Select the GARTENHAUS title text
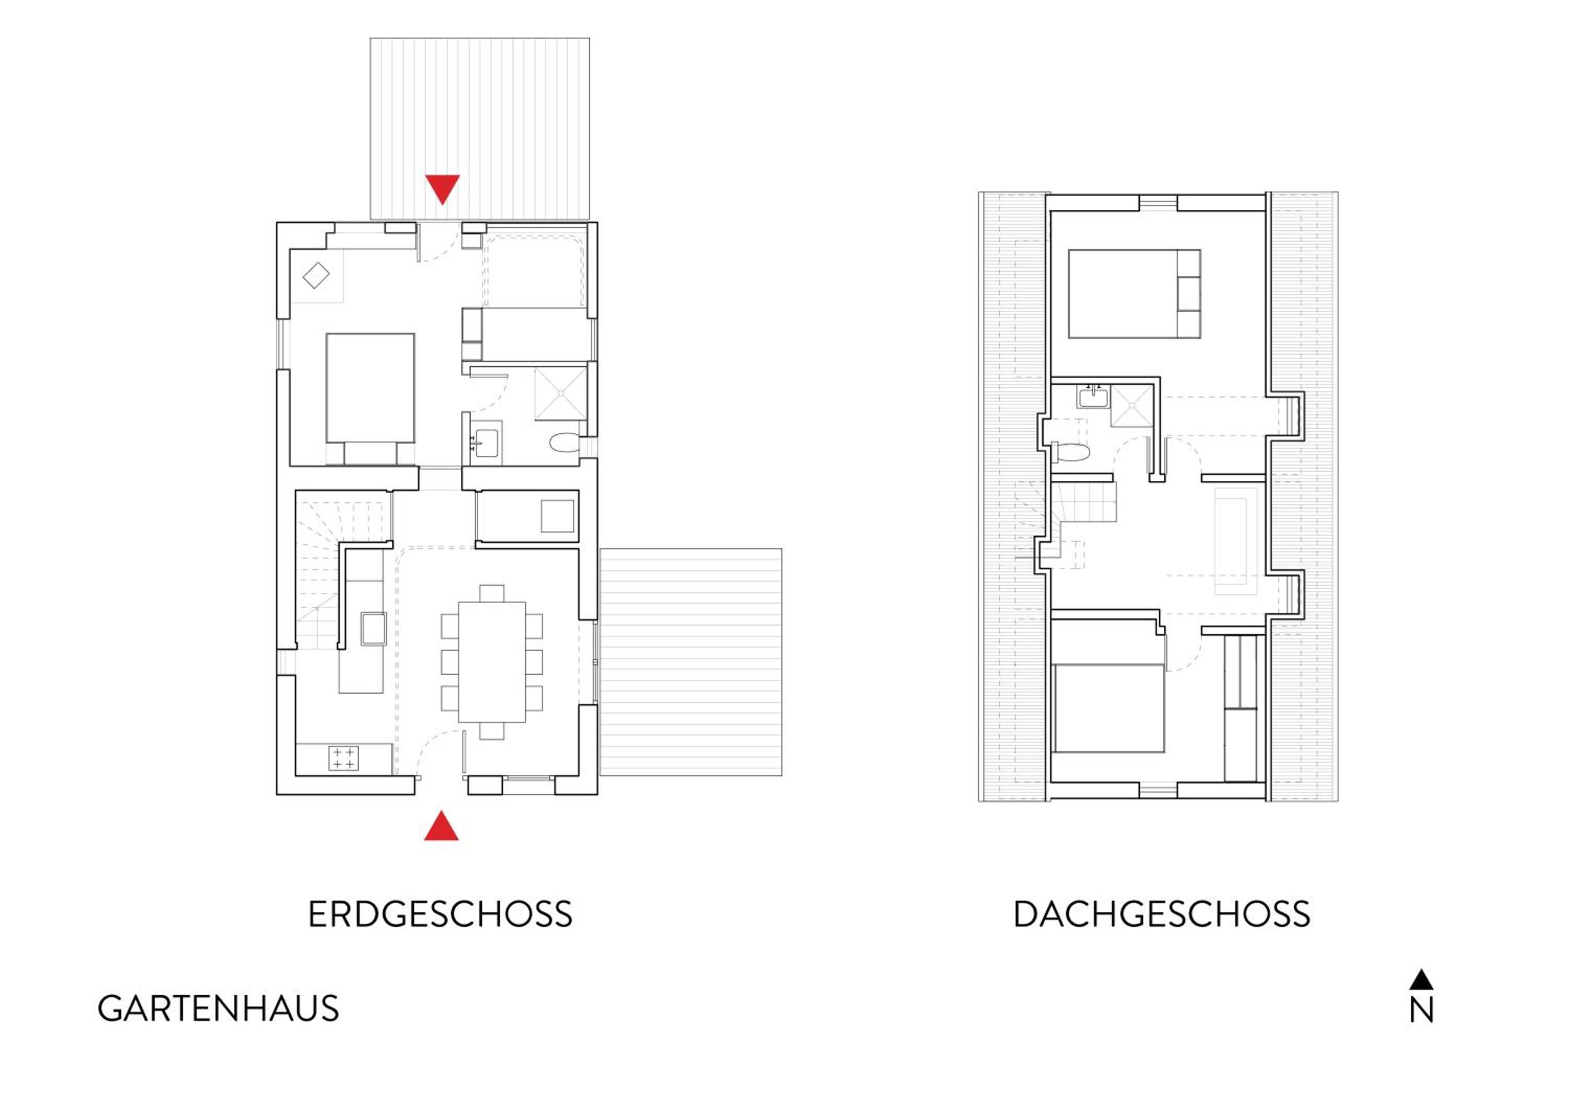pos(218,1009)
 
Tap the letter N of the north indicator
pos(1422,1011)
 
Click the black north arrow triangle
pos(1422,980)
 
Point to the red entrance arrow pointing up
pos(441,825)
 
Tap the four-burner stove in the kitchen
pos(343,758)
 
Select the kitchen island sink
pos(374,629)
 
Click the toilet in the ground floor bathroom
pos(564,442)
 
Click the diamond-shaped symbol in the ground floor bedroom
pos(316,275)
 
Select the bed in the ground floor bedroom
pos(370,399)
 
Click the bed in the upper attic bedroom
pos(1134,294)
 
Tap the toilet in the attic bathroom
pos(1071,451)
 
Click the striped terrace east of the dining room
pos(691,662)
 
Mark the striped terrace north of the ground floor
pos(480,129)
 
